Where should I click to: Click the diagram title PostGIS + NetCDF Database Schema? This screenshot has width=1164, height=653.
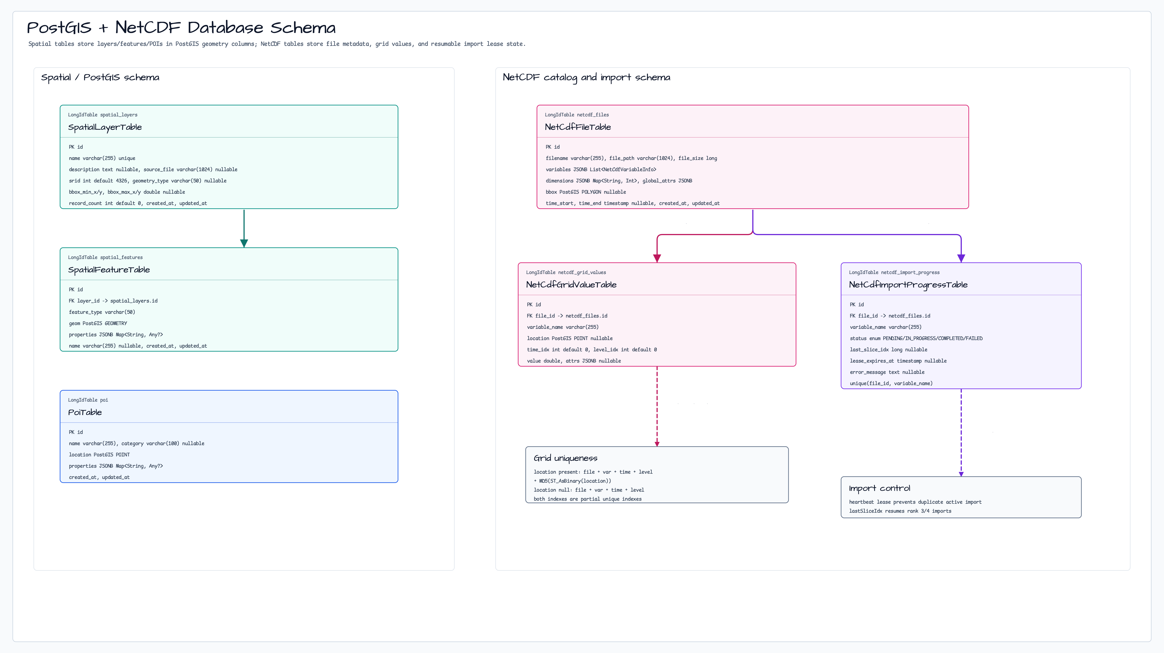point(181,28)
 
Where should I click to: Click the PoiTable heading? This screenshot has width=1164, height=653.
point(85,412)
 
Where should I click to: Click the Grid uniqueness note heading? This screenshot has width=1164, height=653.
point(565,458)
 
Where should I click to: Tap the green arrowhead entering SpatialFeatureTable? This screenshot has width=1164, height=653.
point(244,243)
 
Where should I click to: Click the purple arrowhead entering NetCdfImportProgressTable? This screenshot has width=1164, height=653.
point(961,258)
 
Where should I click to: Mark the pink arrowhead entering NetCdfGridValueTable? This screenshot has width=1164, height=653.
point(657,258)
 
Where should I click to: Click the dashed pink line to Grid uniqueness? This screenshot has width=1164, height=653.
point(657,406)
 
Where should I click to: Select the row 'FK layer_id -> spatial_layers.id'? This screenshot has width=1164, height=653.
point(113,301)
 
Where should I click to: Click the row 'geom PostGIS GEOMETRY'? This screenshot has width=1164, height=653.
point(98,323)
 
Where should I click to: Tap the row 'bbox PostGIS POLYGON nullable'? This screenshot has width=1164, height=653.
point(586,192)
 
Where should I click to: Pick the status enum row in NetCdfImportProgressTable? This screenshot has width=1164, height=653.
point(916,338)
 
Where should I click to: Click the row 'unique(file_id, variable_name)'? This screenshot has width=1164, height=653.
point(891,383)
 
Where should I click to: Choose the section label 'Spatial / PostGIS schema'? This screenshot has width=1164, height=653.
point(100,77)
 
